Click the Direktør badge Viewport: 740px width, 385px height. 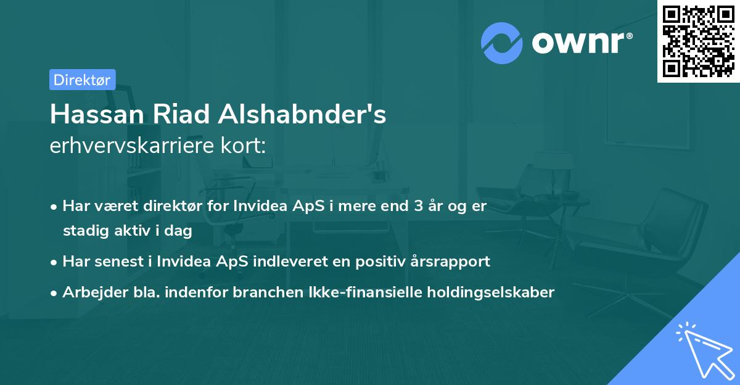tap(82, 80)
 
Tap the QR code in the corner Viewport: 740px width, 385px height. tap(698, 41)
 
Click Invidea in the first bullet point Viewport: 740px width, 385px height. tap(258, 206)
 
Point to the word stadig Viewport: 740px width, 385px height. tap(83, 231)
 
